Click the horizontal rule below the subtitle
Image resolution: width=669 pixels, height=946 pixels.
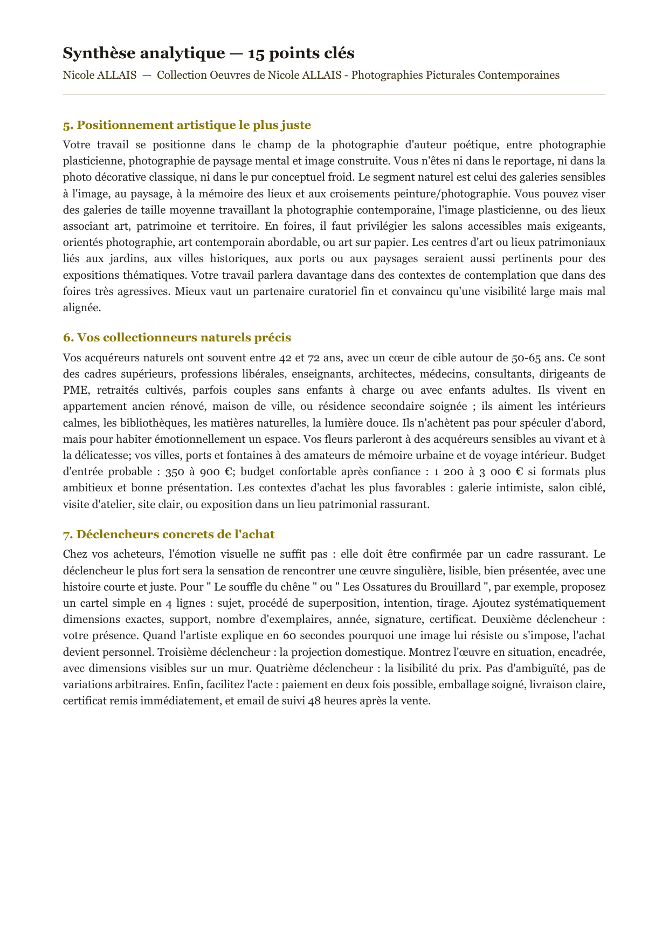(334, 94)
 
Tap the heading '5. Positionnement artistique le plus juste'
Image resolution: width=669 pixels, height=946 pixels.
(187, 125)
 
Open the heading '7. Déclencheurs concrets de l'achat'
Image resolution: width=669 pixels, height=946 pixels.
(169, 534)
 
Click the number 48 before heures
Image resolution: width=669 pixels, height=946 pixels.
(316, 701)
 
